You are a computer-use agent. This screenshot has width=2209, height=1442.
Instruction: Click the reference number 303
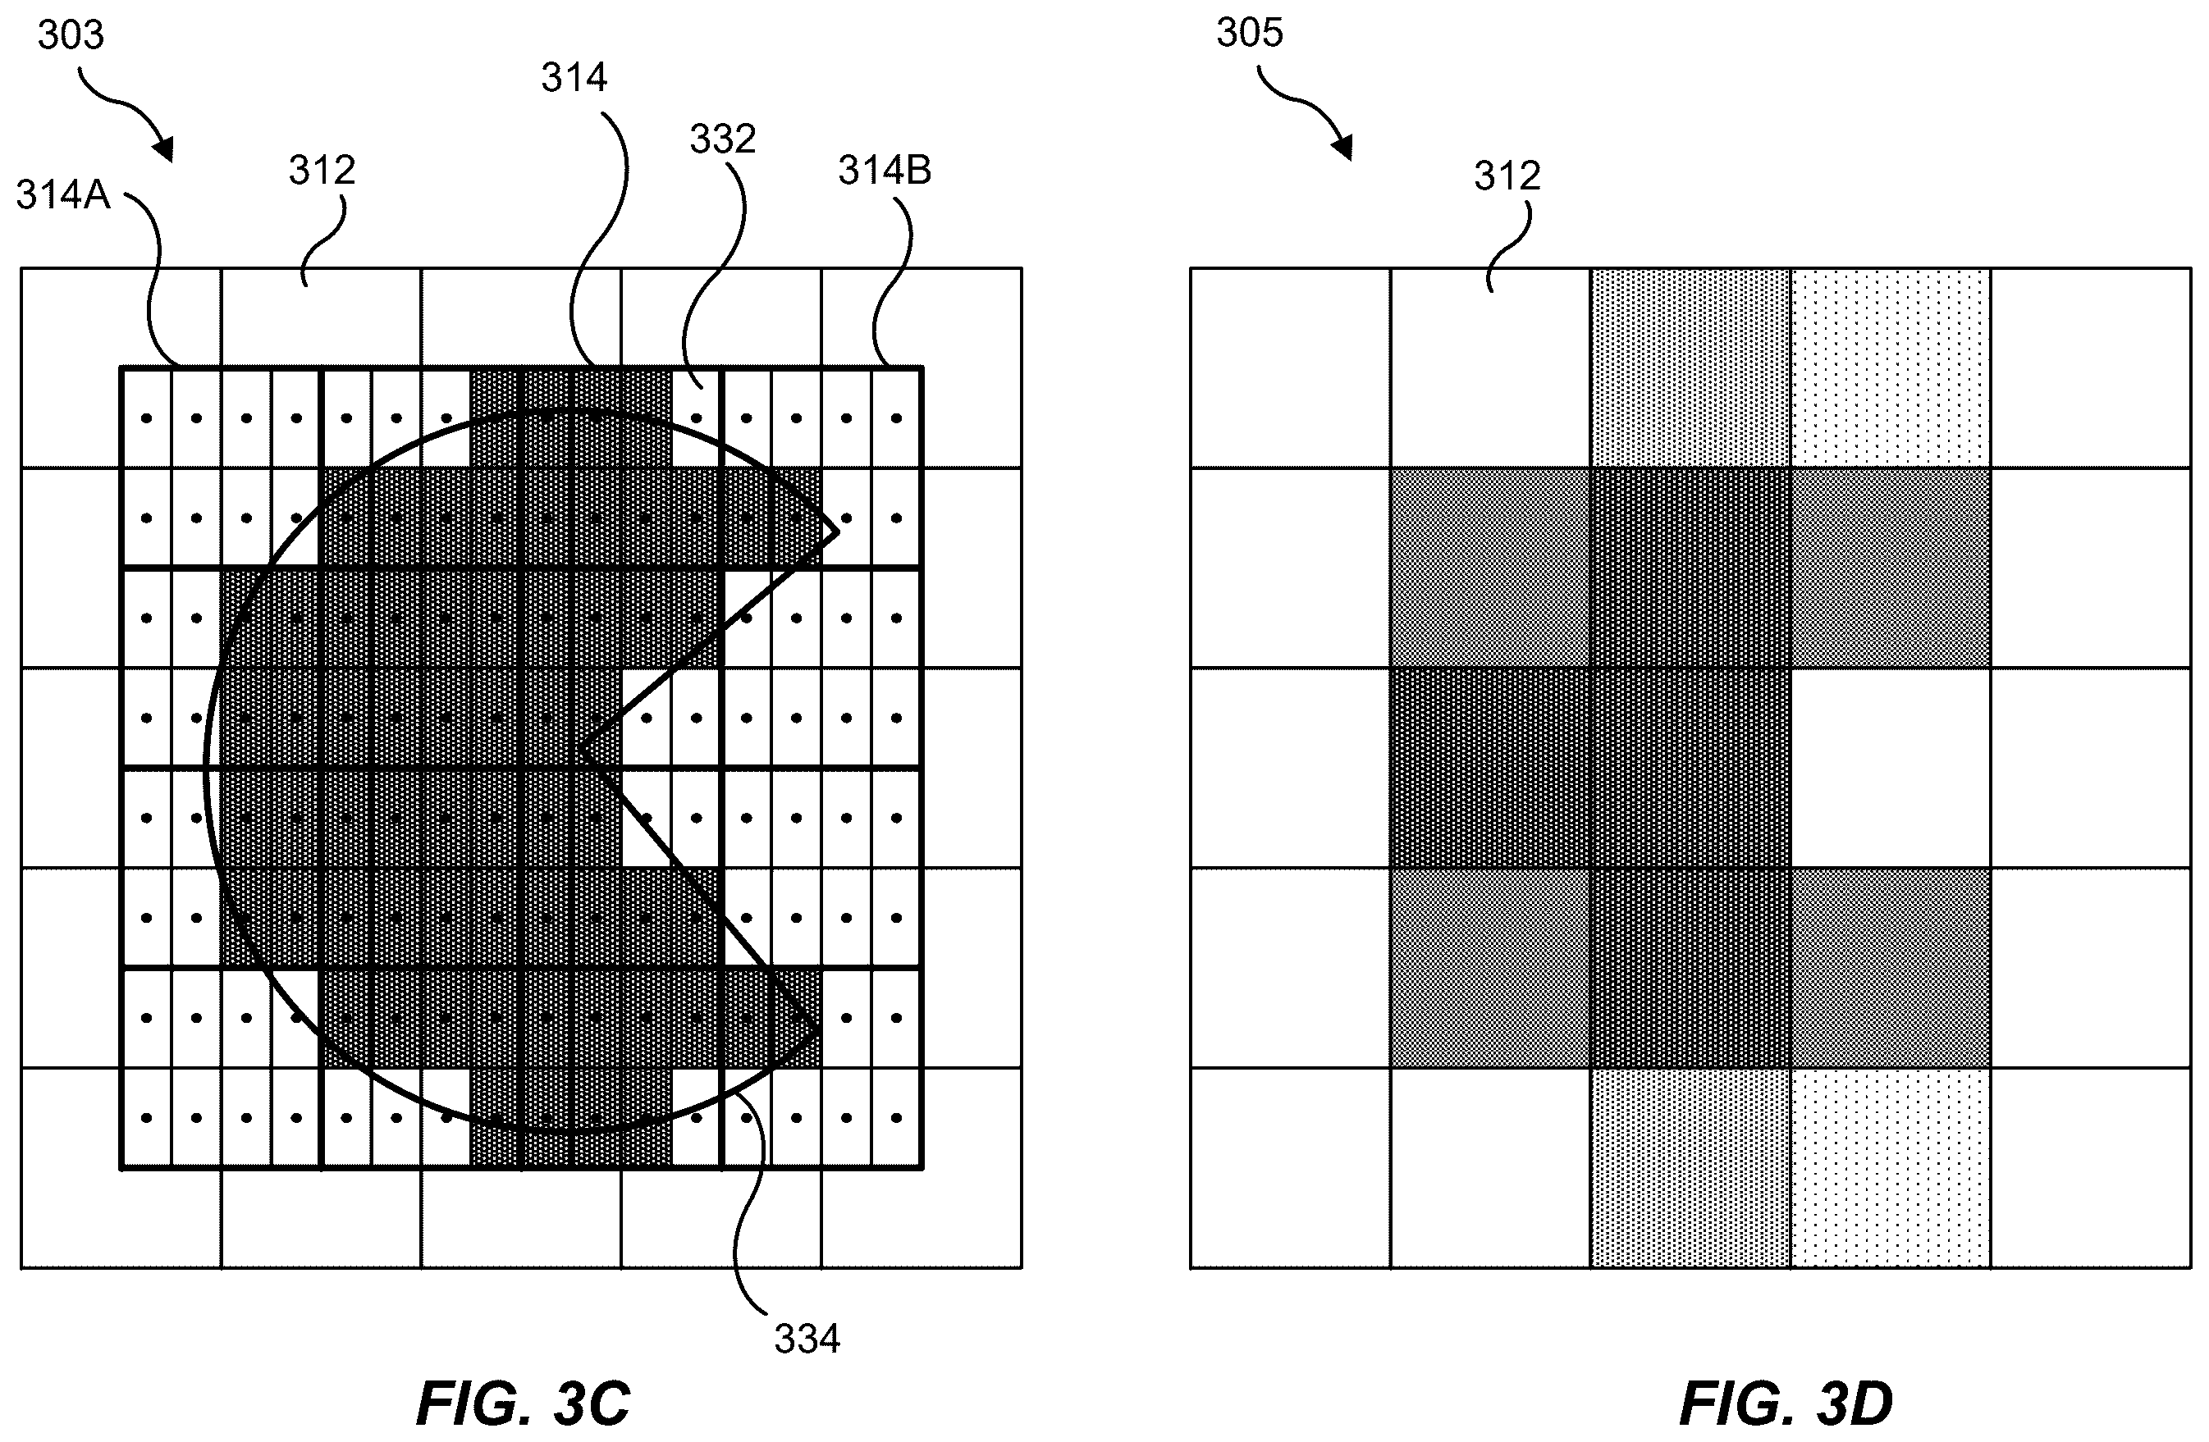pyautogui.click(x=71, y=35)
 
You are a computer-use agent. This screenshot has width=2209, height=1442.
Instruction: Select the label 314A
pyautogui.click(x=63, y=195)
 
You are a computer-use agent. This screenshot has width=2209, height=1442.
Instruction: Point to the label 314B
pyautogui.click(x=885, y=170)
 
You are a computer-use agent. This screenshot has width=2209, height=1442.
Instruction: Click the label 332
pyautogui.click(x=722, y=139)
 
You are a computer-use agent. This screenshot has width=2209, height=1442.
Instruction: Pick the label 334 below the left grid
pyautogui.click(x=807, y=1339)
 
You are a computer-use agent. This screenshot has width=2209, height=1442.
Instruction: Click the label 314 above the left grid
pyautogui.click(x=574, y=78)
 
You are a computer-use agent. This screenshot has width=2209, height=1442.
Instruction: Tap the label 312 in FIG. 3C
pyautogui.click(x=322, y=170)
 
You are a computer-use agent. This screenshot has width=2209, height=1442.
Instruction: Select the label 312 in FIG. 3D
pyautogui.click(x=1507, y=176)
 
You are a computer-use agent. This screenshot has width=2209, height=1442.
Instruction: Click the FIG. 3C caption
pyautogui.click(x=524, y=1402)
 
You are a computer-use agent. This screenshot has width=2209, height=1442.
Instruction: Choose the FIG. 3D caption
pyautogui.click(x=1786, y=1402)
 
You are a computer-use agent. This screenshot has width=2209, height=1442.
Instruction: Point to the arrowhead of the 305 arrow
pyautogui.click(x=1344, y=150)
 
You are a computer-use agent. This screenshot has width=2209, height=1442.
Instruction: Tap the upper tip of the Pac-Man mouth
pyautogui.click(x=838, y=532)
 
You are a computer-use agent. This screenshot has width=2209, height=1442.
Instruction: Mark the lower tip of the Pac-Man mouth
pyautogui.click(x=817, y=1029)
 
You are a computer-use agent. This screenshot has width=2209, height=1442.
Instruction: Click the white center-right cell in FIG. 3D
pyautogui.click(x=1891, y=768)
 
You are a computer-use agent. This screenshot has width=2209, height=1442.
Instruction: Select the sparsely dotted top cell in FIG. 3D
pyautogui.click(x=1891, y=368)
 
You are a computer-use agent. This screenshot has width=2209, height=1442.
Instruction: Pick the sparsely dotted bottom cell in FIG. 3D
pyautogui.click(x=1891, y=1167)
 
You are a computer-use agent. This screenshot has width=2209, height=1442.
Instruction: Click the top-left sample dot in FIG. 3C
pyautogui.click(x=147, y=418)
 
